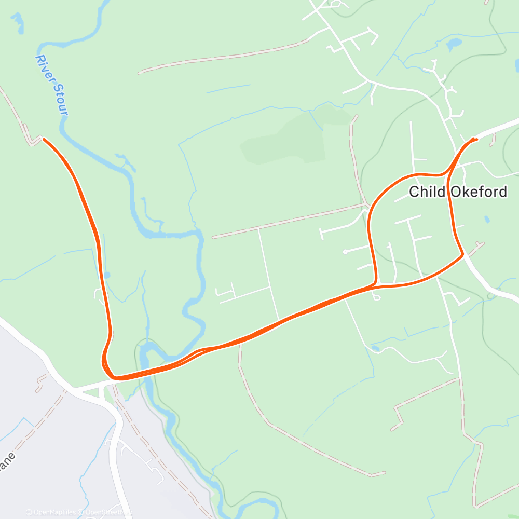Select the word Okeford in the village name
[x=478, y=192]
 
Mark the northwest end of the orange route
[x=44, y=139]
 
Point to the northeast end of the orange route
[x=476, y=139]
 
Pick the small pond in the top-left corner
[x=18, y=21]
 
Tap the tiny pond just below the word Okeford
[x=486, y=219]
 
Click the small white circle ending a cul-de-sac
[x=345, y=252]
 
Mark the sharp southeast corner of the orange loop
[x=462, y=255]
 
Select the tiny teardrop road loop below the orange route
[x=377, y=297]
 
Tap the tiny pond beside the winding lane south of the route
[x=375, y=348]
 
